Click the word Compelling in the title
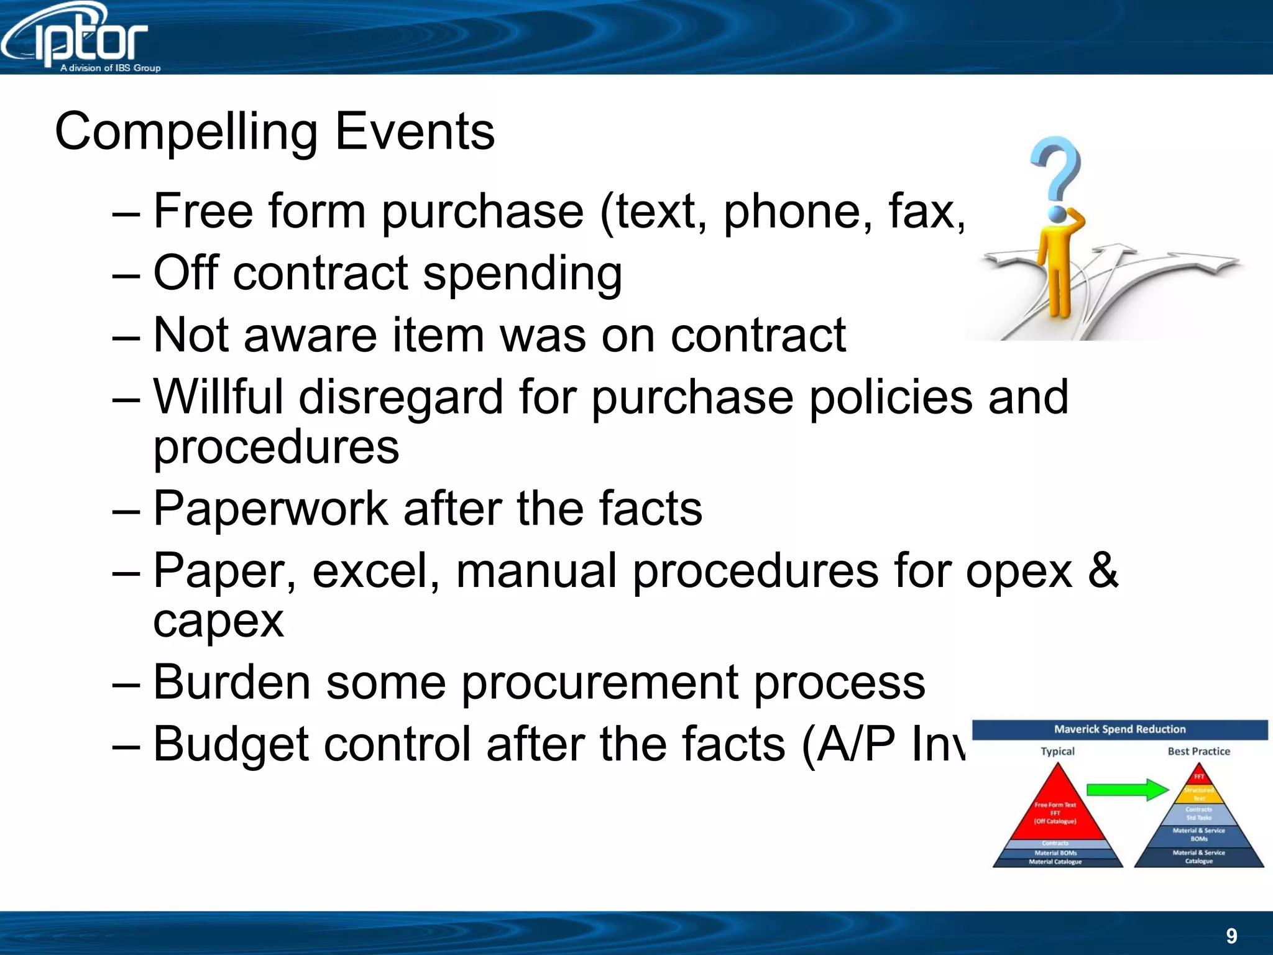pyautogui.click(x=186, y=132)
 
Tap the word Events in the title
pyautogui.click(x=415, y=132)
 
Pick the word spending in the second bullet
pyautogui.click(x=522, y=274)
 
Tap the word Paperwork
pyautogui.click(x=270, y=509)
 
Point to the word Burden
pyautogui.click(x=231, y=682)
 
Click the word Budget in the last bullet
pyautogui.click(x=231, y=744)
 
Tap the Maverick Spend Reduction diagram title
pyautogui.click(x=1119, y=729)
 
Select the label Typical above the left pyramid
pyautogui.click(x=1057, y=751)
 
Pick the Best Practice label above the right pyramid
pyautogui.click(x=1198, y=751)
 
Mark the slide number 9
pyautogui.click(x=1231, y=936)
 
